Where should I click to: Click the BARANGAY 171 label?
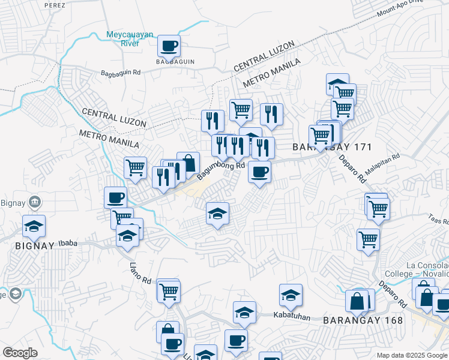coord(333,147)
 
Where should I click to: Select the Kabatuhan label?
coord(292,316)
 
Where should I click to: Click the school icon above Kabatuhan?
coord(291,295)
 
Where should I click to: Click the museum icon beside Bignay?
coord(35,202)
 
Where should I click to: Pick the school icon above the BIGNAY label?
coord(34,226)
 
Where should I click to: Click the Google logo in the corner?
coord(20,353)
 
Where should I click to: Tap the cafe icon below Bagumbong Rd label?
coord(259,173)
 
